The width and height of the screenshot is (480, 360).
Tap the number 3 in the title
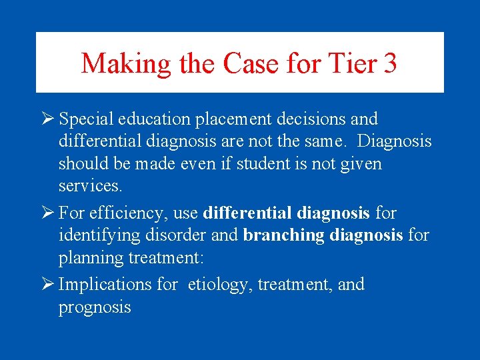(390, 64)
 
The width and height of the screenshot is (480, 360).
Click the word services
(90, 186)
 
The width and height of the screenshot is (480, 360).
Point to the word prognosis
(95, 307)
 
